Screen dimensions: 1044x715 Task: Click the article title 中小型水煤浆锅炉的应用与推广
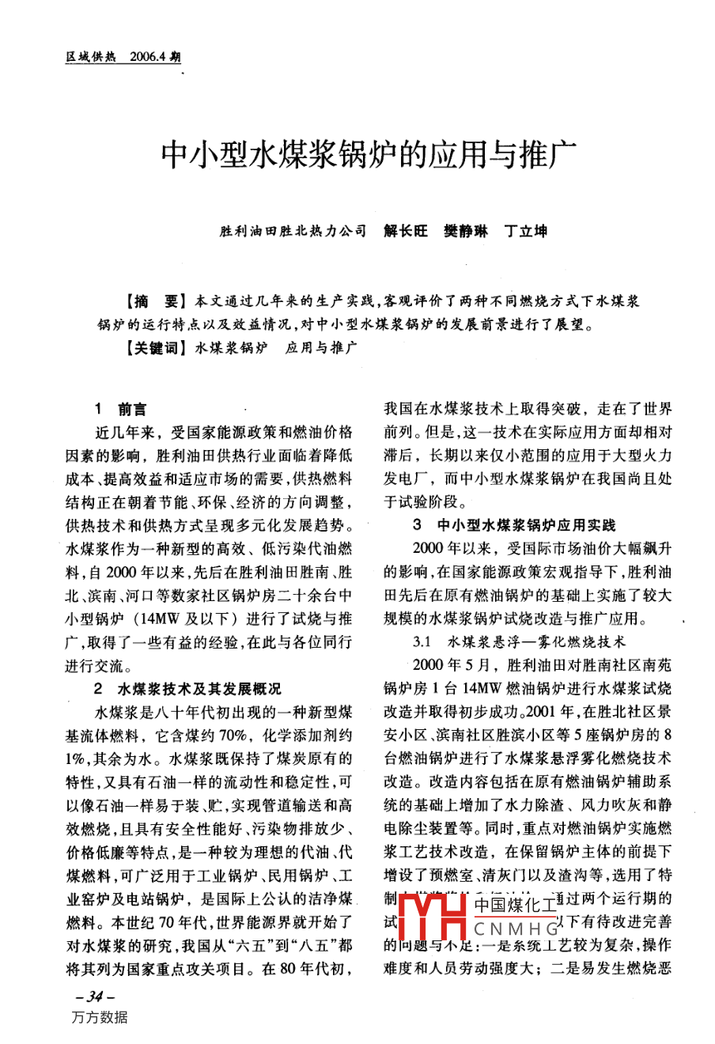click(357, 155)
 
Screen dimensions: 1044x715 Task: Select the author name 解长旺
click(406, 231)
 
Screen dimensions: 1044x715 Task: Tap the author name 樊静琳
click(466, 231)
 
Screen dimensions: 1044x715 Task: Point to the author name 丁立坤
click(526, 231)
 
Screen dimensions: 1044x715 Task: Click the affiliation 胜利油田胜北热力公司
click(293, 231)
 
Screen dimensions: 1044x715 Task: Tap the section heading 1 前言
click(120, 410)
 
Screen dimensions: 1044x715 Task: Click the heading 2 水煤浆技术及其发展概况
click(187, 689)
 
